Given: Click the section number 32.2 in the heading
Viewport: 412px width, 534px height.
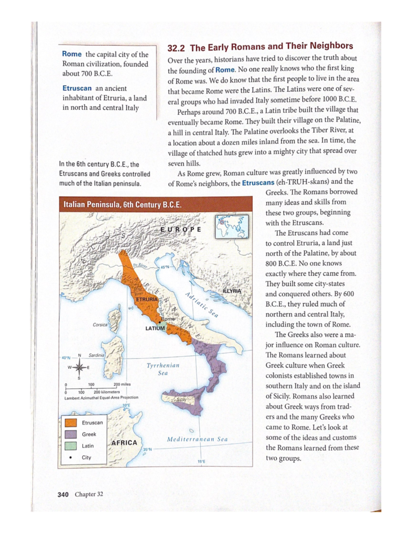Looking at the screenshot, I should (176, 48).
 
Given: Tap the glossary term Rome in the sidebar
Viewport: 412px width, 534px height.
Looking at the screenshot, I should (72, 54).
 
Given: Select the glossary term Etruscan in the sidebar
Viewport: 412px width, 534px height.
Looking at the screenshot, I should (77, 88).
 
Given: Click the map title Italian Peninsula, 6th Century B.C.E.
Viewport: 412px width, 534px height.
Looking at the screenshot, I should (122, 205).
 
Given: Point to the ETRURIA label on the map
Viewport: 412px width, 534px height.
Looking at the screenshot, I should (147, 299).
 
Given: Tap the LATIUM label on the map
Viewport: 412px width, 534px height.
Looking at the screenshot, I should (155, 328).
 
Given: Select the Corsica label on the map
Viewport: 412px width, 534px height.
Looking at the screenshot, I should (100, 325).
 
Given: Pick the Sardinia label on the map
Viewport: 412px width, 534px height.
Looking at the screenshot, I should (96, 355).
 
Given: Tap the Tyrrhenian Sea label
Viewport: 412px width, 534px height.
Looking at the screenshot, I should (163, 369).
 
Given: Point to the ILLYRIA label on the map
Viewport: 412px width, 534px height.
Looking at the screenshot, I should (232, 291).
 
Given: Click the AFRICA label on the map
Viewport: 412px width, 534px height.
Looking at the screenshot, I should (124, 443).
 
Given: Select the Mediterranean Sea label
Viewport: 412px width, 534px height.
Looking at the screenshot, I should (197, 439).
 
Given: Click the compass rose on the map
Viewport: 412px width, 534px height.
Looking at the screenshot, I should (79, 367).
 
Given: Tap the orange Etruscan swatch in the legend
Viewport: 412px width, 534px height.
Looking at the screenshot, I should (70, 423).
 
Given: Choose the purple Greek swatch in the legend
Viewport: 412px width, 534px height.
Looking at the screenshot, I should (70, 434).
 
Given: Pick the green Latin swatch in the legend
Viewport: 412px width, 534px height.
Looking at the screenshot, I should (70, 446).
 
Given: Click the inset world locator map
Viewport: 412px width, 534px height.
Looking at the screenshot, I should (232, 227).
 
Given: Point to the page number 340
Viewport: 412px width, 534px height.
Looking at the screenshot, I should (63, 494).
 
